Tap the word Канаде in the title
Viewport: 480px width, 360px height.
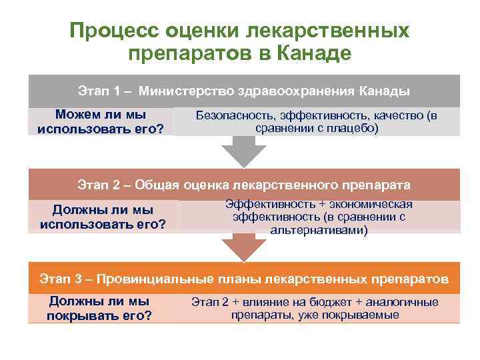(311, 53)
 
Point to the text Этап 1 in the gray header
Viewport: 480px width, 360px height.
(99, 91)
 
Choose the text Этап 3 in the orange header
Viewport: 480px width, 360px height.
(61, 278)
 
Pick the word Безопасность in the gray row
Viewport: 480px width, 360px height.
(235, 116)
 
